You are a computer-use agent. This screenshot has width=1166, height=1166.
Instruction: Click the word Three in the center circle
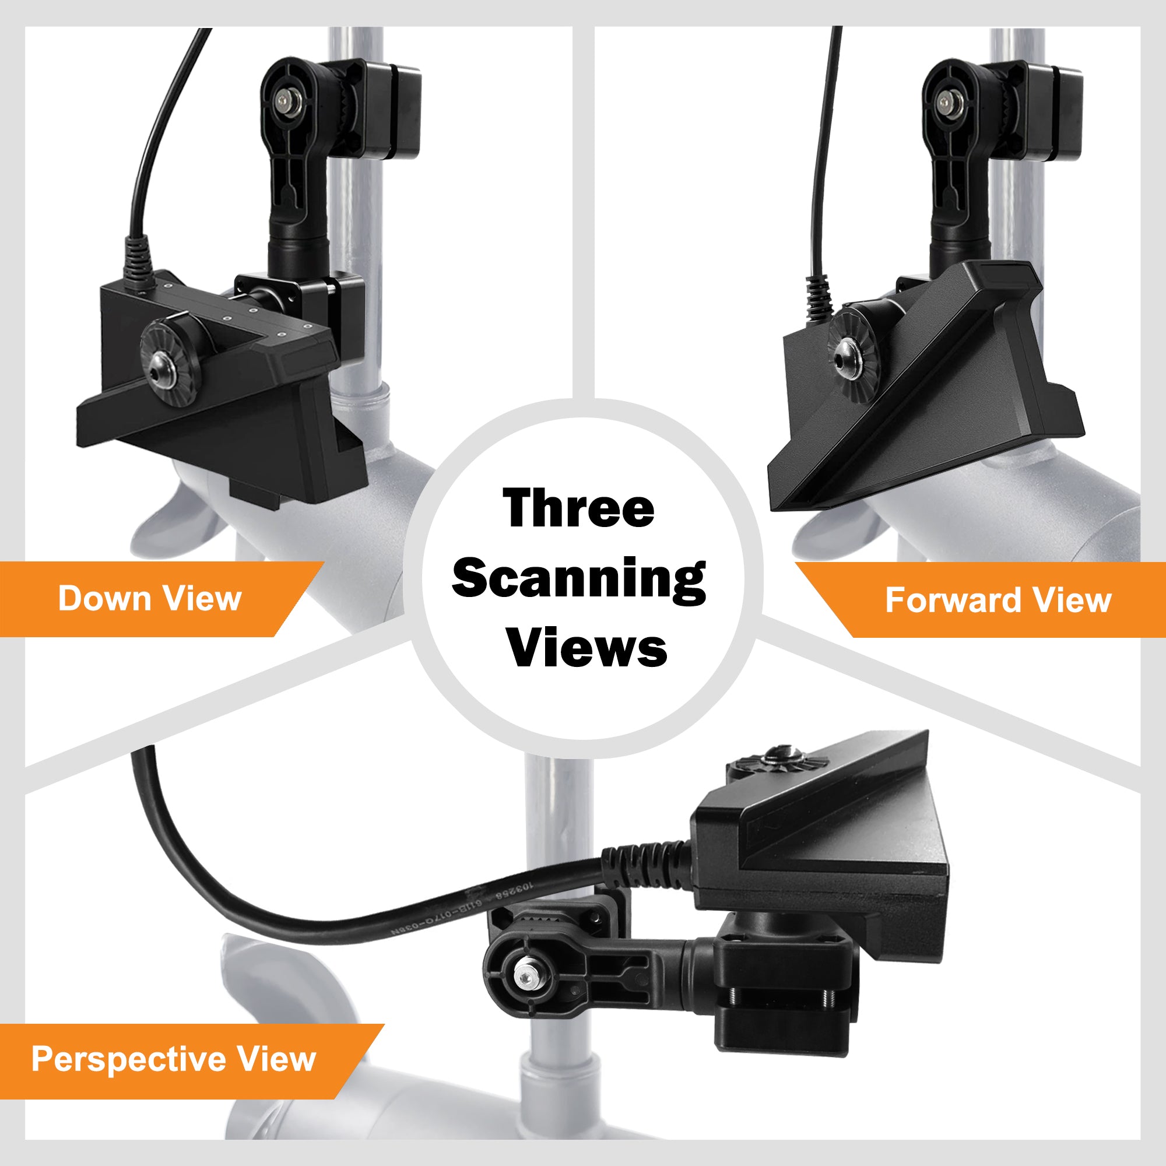pos(578,508)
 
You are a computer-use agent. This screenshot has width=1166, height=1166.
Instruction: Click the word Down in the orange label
pos(104,598)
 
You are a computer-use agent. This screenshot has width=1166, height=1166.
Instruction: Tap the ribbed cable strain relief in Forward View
pos(820,297)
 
